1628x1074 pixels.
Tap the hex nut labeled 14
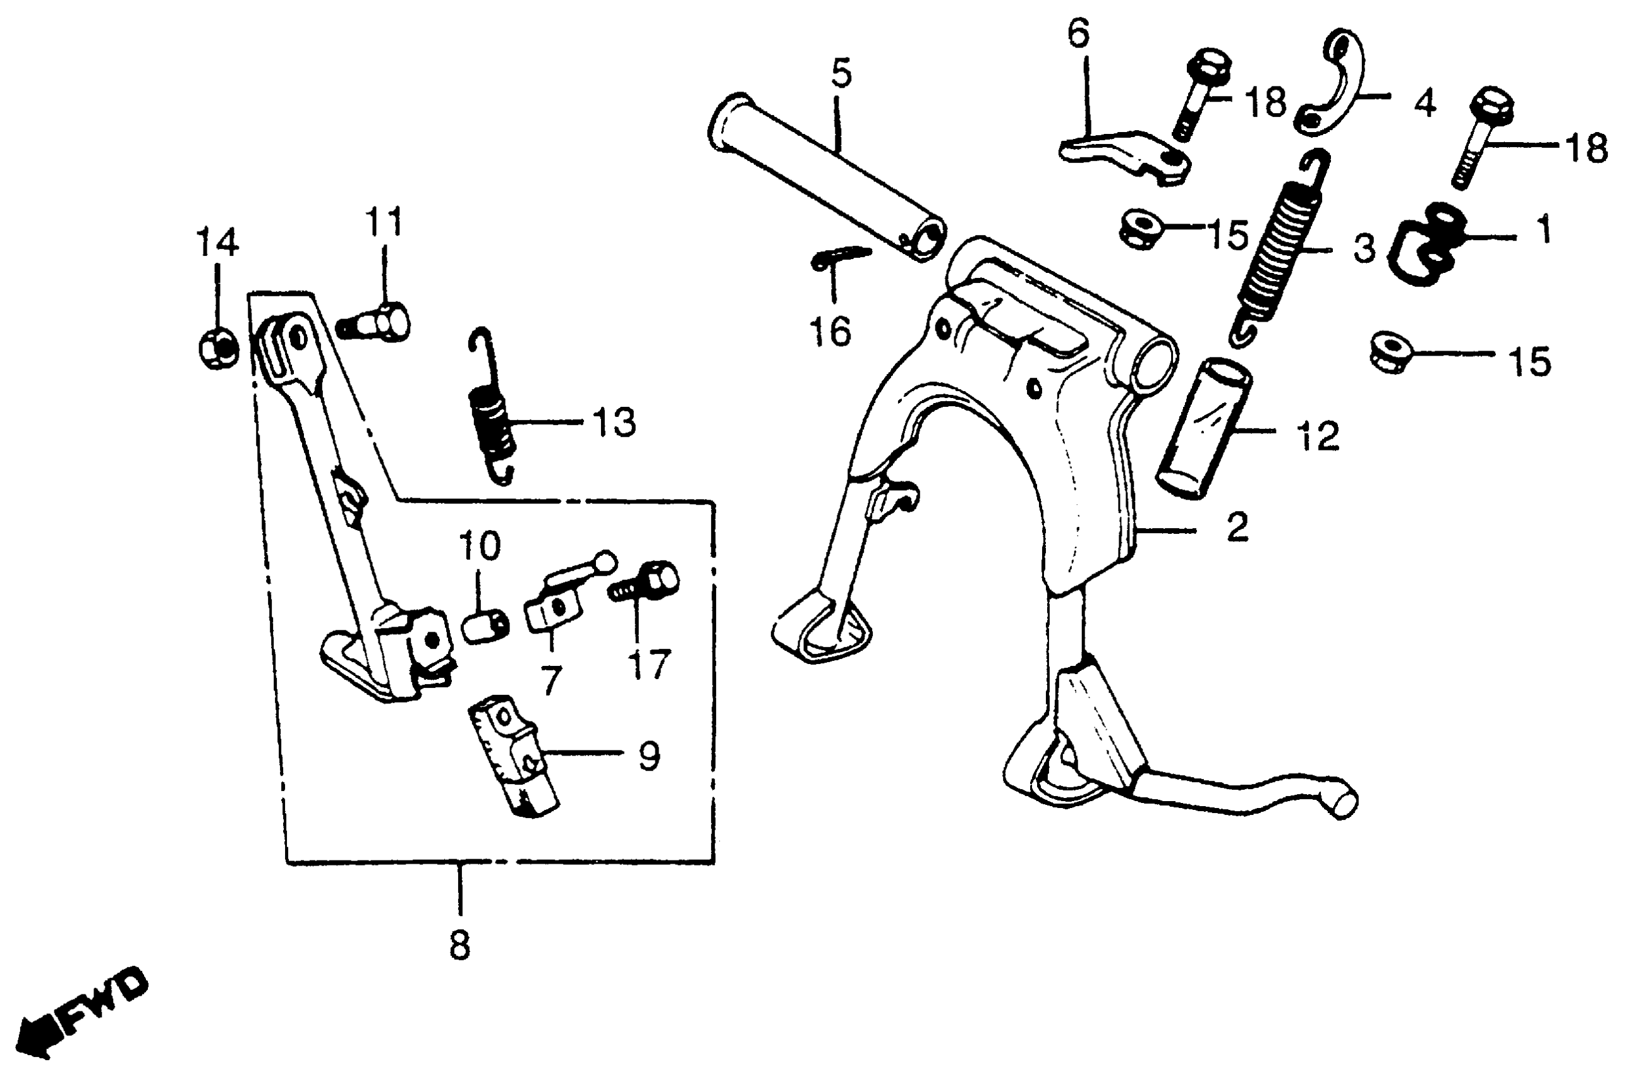click(x=217, y=348)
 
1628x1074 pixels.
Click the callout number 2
click(x=1237, y=528)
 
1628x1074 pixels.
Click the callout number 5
click(x=841, y=74)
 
